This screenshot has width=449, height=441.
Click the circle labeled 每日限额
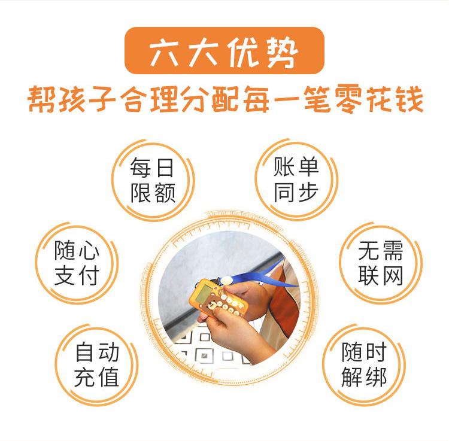153,180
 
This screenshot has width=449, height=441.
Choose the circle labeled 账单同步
296,180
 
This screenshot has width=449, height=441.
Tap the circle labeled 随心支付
77,263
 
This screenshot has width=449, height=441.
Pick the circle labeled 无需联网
380,263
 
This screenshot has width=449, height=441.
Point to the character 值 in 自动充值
109,377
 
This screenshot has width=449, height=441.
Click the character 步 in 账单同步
308,193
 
